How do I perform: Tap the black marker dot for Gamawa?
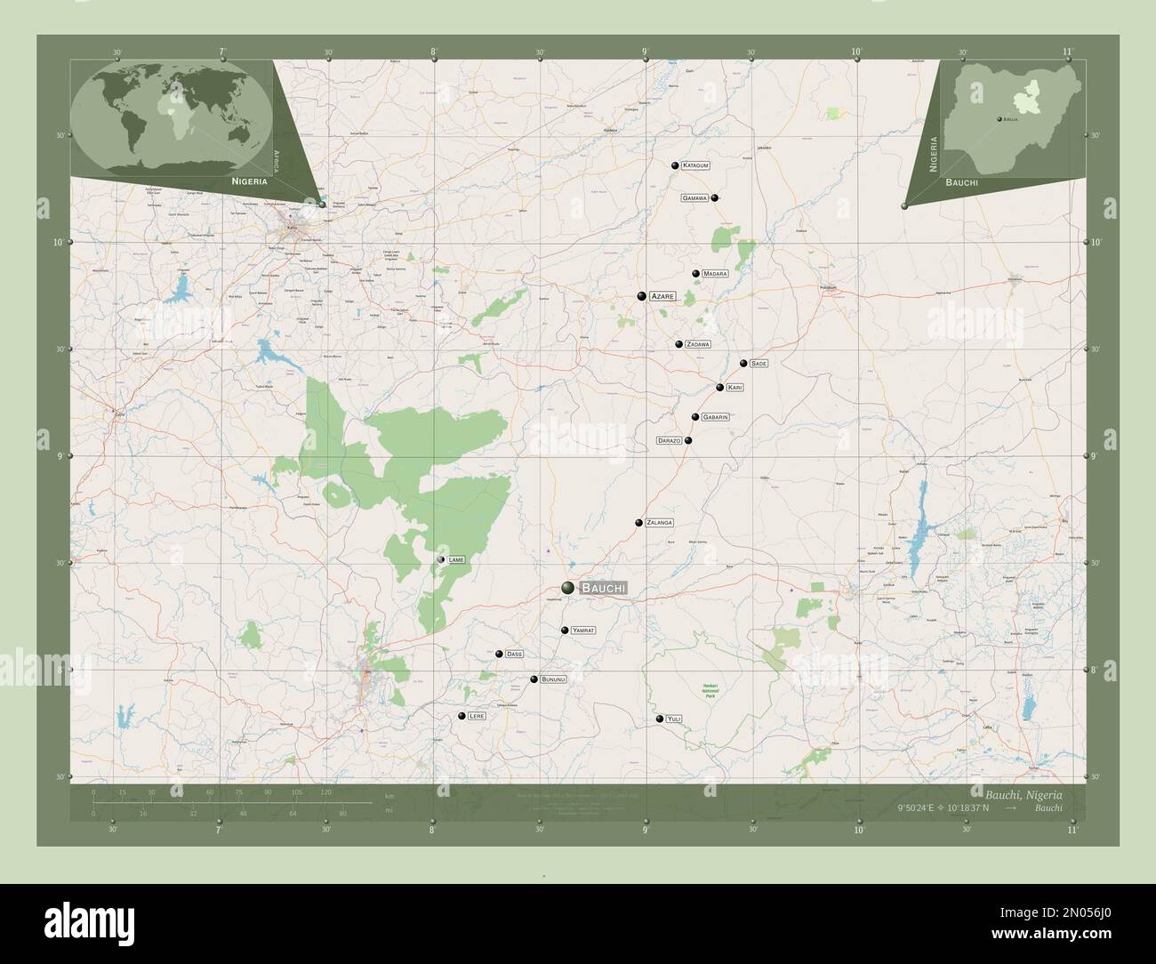click(715, 197)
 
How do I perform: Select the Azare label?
click(662, 296)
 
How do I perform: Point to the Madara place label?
click(715, 274)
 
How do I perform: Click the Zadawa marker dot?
click(678, 344)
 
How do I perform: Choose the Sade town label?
click(759, 364)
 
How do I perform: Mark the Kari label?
click(735, 388)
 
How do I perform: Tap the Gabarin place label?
click(716, 417)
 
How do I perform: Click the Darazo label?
click(670, 440)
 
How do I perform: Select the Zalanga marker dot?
click(638, 523)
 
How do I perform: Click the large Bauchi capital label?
click(603, 588)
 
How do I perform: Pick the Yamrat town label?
click(583, 631)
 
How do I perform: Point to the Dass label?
click(514, 655)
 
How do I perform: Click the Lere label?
click(477, 716)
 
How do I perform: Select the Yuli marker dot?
click(659, 719)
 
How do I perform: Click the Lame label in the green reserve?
click(456, 559)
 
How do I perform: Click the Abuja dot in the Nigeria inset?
click(999, 118)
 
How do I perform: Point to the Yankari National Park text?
click(710, 690)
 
